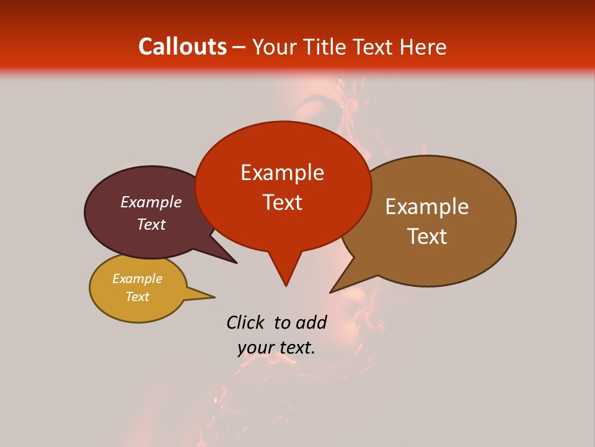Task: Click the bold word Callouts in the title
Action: tap(182, 47)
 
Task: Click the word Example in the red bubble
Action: tap(282, 173)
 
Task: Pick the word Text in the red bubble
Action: tap(282, 202)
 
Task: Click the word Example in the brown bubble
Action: tap(427, 207)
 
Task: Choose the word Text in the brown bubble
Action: tap(427, 237)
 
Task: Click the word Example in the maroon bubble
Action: tap(151, 202)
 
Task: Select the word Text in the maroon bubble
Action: tap(151, 224)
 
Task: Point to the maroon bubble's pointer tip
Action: tap(236, 263)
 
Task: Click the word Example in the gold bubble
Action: tap(137, 279)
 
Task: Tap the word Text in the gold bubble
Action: tap(137, 297)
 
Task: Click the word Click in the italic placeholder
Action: tap(246, 322)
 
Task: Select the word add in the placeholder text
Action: tap(311, 322)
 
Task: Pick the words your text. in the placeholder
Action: tap(276, 348)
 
